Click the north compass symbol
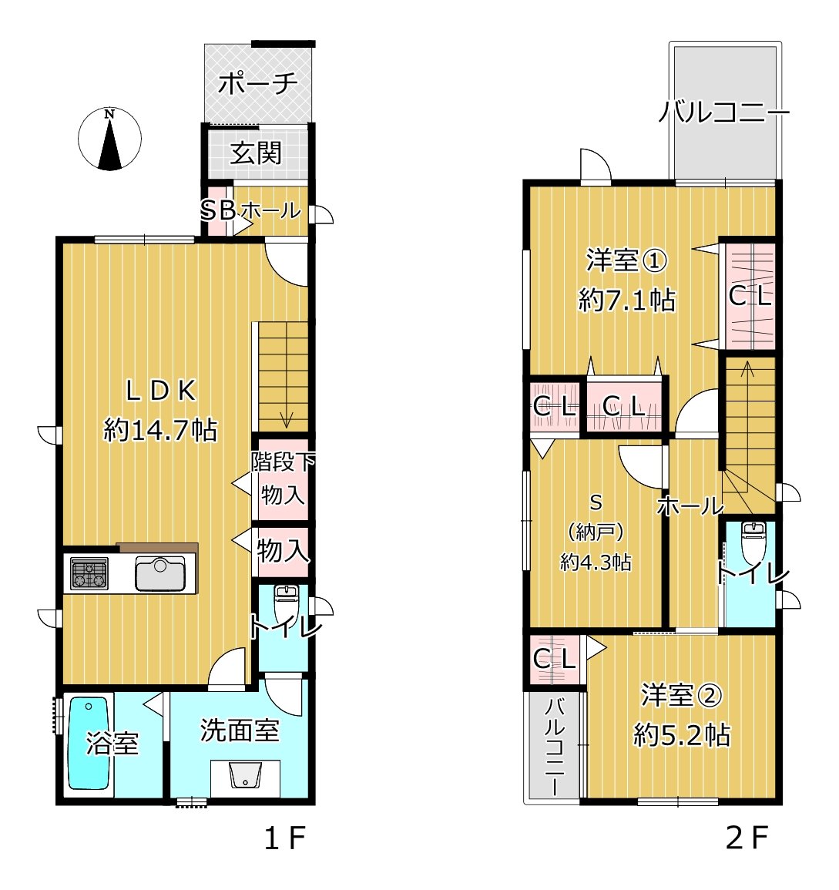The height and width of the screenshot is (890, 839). [110, 139]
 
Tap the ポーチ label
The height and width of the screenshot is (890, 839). [257, 82]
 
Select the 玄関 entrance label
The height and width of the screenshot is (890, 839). [257, 153]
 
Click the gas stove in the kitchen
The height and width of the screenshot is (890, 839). [89, 574]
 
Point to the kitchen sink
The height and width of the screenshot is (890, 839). [159, 573]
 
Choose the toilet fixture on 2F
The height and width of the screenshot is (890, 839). [752, 542]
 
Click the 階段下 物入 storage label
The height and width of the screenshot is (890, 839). [283, 479]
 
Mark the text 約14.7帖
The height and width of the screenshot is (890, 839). [160, 430]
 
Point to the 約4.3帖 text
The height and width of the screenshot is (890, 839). [596, 563]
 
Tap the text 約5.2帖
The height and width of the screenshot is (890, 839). [681, 735]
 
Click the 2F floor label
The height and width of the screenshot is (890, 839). [747, 838]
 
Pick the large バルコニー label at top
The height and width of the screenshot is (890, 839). [724, 114]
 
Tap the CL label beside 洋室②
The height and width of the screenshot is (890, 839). [555, 659]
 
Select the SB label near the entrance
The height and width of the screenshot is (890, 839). [217, 210]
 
